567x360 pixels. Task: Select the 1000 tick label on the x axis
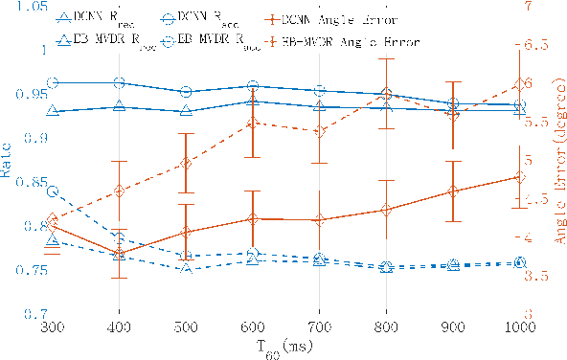518,326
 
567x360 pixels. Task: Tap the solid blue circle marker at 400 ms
119,84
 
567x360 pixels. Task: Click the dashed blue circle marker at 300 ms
52,192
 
